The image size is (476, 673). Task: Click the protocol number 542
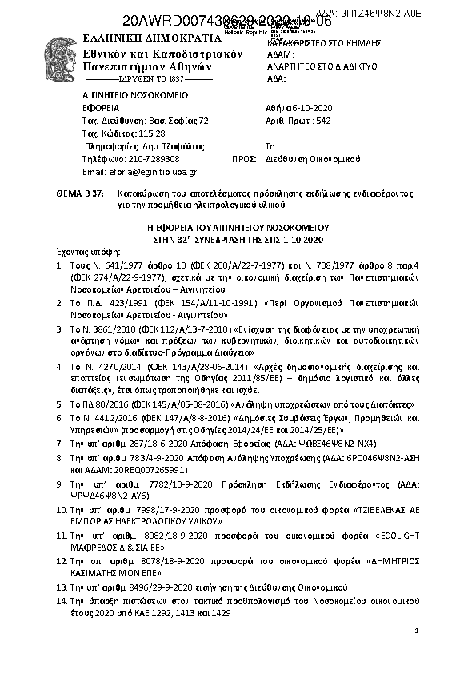point(324,121)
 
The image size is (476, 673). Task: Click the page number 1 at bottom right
point(417,631)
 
